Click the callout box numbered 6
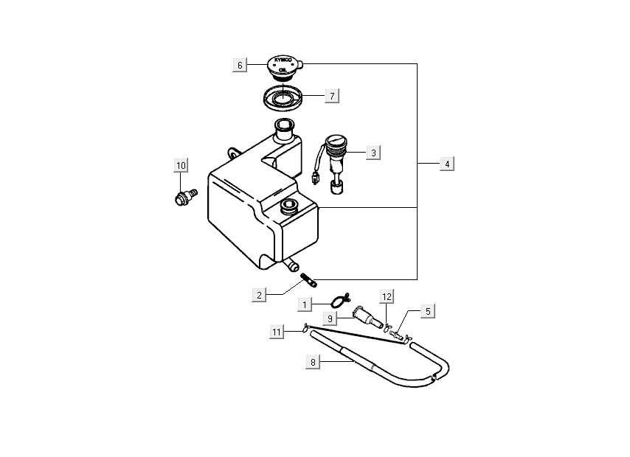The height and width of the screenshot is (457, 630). coord(240,65)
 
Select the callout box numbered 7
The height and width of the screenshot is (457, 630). coord(332,96)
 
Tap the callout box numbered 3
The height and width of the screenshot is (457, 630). coord(374,153)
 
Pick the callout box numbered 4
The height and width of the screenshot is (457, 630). coord(446,164)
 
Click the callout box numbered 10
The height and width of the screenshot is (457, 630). coord(181,165)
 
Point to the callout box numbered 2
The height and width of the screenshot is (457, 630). coord(259,296)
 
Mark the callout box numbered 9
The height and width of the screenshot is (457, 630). coord(331,318)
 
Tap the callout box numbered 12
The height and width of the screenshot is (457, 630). coord(387,296)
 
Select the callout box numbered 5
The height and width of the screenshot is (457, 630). coord(427,311)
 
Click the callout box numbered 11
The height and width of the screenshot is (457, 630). coord(276,332)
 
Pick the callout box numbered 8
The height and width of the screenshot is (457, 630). coord(313,362)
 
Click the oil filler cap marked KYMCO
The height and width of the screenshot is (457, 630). coord(283,67)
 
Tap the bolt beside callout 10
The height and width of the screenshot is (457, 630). coord(185,196)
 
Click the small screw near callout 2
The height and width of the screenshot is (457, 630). coord(308,280)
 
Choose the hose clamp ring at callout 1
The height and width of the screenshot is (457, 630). coord(337,300)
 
